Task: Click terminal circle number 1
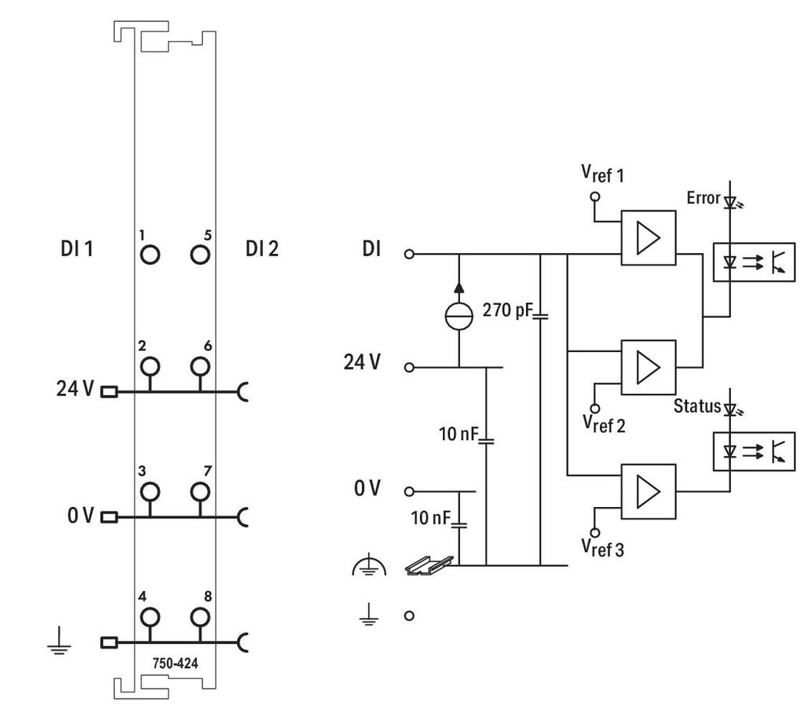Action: pyautogui.click(x=150, y=255)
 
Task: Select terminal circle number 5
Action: pyautogui.click(x=200, y=255)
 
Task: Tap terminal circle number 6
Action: pyautogui.click(x=200, y=366)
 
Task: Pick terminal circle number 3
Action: pyautogui.click(x=150, y=491)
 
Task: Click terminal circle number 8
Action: pyautogui.click(x=200, y=617)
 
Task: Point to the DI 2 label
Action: pyautogui.click(x=262, y=248)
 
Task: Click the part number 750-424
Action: pyautogui.click(x=175, y=663)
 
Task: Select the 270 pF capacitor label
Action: pyautogui.click(x=508, y=310)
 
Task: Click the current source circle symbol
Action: pyautogui.click(x=459, y=316)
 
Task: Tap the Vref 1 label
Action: pyautogui.click(x=602, y=174)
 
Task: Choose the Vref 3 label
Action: pyautogui.click(x=602, y=548)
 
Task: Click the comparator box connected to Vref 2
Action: pyautogui.click(x=649, y=367)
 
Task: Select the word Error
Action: pyautogui.click(x=703, y=197)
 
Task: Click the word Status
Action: pyautogui.click(x=697, y=406)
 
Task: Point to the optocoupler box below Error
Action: pyautogui.click(x=755, y=262)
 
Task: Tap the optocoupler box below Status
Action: pyautogui.click(x=755, y=452)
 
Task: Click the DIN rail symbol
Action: pyautogui.click(x=429, y=565)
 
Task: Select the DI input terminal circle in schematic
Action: pyautogui.click(x=409, y=254)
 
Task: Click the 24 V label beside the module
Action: pyautogui.click(x=75, y=388)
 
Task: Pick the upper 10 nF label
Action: pyautogui.click(x=459, y=434)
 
